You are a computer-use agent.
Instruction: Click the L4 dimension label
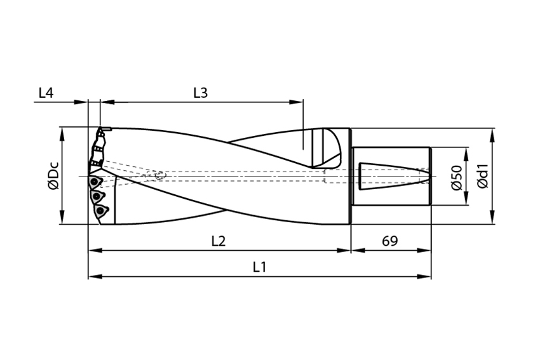[x=46, y=93]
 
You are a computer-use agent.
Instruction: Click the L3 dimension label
[x=200, y=93]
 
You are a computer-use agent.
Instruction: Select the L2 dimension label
[x=219, y=241]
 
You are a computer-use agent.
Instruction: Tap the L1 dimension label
[x=260, y=267]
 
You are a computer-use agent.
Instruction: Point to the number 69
[x=390, y=241]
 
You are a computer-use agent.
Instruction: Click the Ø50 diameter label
[x=457, y=177]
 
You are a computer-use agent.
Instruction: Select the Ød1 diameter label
[x=483, y=175]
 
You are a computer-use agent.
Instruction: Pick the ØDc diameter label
[x=54, y=175]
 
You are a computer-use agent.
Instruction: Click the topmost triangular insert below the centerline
[x=95, y=182]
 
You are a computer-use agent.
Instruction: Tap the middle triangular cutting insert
[x=97, y=196]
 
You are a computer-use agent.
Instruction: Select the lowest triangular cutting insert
[x=100, y=210]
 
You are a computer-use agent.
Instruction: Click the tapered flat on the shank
[x=394, y=176]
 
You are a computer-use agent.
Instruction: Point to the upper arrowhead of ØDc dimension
[x=62, y=135]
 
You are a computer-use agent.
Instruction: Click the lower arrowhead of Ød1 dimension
[x=492, y=217]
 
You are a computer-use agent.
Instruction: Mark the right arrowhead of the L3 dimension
[x=296, y=102]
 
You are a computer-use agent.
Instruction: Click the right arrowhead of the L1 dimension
[x=424, y=276]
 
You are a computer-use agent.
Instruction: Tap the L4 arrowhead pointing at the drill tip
[x=81, y=102]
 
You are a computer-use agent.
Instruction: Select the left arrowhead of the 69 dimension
[x=358, y=250]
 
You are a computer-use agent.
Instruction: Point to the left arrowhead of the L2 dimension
[x=95, y=250]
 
